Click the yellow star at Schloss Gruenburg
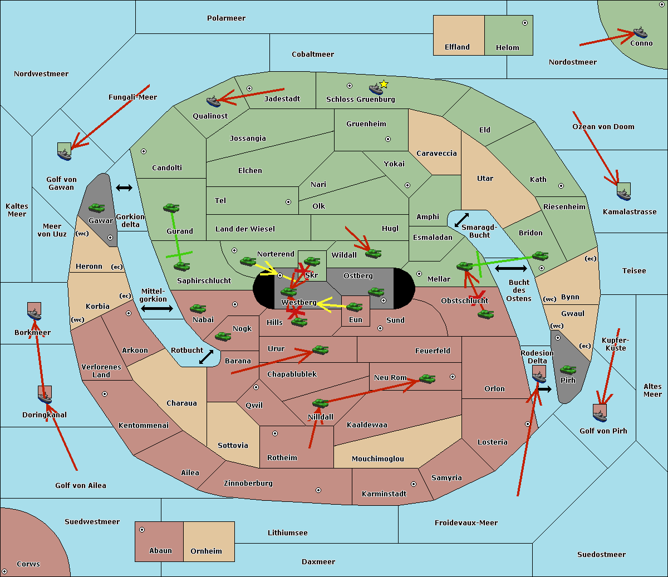pos(384,84)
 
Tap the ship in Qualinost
pos(213,101)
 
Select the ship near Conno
pos(640,32)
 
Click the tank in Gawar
pos(97,208)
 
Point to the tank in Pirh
pos(568,370)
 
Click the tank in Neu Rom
pos(427,379)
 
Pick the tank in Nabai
pos(198,309)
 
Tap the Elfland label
pos(457,47)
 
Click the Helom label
pos(507,48)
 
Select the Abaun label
pos(160,551)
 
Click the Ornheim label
pos(206,551)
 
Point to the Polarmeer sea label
pos(226,18)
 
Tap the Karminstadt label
pos(384,494)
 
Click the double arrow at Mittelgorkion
pos(156,308)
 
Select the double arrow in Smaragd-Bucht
pos(461,220)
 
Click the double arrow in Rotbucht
pos(206,357)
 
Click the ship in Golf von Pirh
pos(600,412)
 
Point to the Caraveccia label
pos(436,154)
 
